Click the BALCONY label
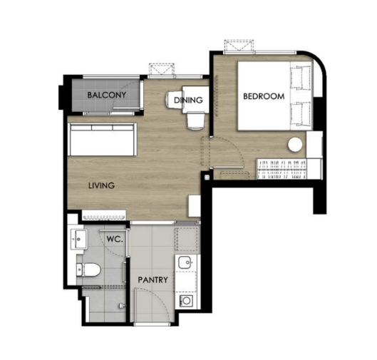point(106,95)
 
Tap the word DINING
point(188,100)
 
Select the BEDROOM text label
point(264,96)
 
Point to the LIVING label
point(101,185)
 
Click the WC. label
point(115,239)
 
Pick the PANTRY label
point(153,280)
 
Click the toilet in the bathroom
point(88,269)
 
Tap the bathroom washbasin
point(79,239)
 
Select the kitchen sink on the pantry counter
point(185,262)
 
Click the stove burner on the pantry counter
point(186,300)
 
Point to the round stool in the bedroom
point(295,145)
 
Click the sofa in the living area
point(103,140)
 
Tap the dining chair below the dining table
point(196,120)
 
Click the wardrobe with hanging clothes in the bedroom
point(282,169)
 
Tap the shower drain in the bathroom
point(122,306)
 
